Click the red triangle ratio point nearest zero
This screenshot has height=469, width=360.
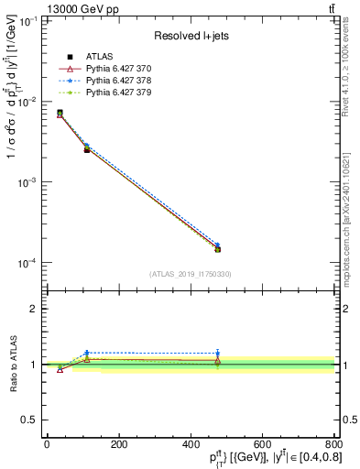click(x=60, y=369)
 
